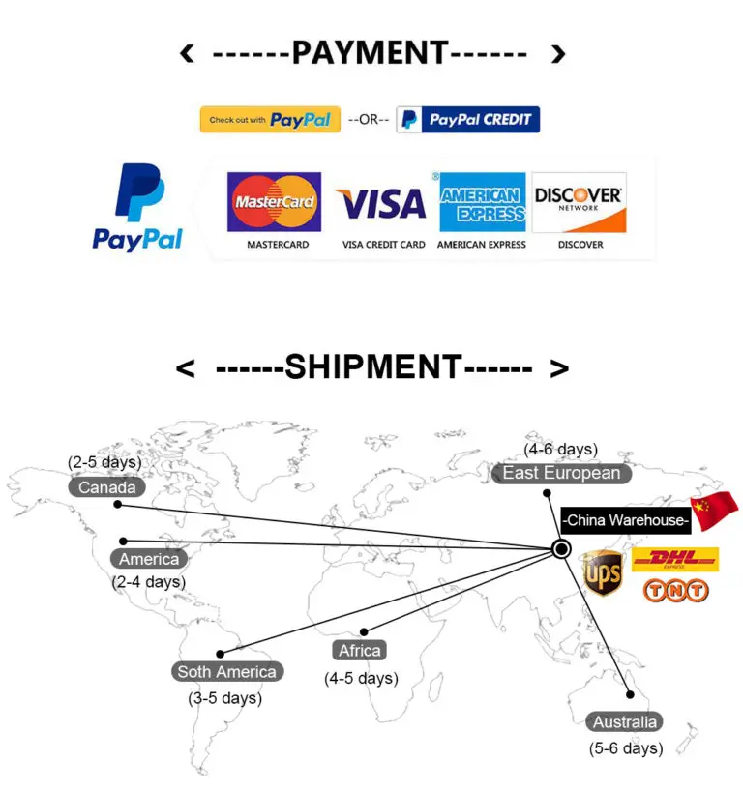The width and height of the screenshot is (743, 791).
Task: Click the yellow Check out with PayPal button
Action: click(270, 120)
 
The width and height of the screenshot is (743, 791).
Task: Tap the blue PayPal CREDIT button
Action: click(468, 120)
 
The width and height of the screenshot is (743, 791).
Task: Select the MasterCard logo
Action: click(274, 202)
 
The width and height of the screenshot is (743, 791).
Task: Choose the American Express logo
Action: click(482, 202)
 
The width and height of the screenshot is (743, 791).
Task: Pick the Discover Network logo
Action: click(580, 202)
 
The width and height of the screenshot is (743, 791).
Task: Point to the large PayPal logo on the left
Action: click(138, 208)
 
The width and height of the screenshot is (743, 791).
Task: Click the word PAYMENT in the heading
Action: click(370, 53)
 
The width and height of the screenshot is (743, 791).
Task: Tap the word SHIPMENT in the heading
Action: click(373, 368)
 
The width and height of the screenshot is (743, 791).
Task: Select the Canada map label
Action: click(107, 487)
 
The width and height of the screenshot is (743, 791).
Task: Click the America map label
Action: click(149, 559)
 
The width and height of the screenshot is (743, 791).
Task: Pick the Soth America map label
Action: click(226, 671)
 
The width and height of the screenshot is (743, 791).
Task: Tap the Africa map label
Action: click(360, 650)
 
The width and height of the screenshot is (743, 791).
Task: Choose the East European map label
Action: click(561, 473)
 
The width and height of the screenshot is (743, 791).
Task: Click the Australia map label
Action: click(625, 721)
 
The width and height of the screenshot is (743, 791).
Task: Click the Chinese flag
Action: click(714, 510)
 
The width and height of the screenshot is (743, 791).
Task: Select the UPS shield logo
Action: click(603, 572)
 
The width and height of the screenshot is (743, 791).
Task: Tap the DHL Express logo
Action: click(675, 559)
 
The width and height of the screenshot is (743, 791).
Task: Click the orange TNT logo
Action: click(675, 590)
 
